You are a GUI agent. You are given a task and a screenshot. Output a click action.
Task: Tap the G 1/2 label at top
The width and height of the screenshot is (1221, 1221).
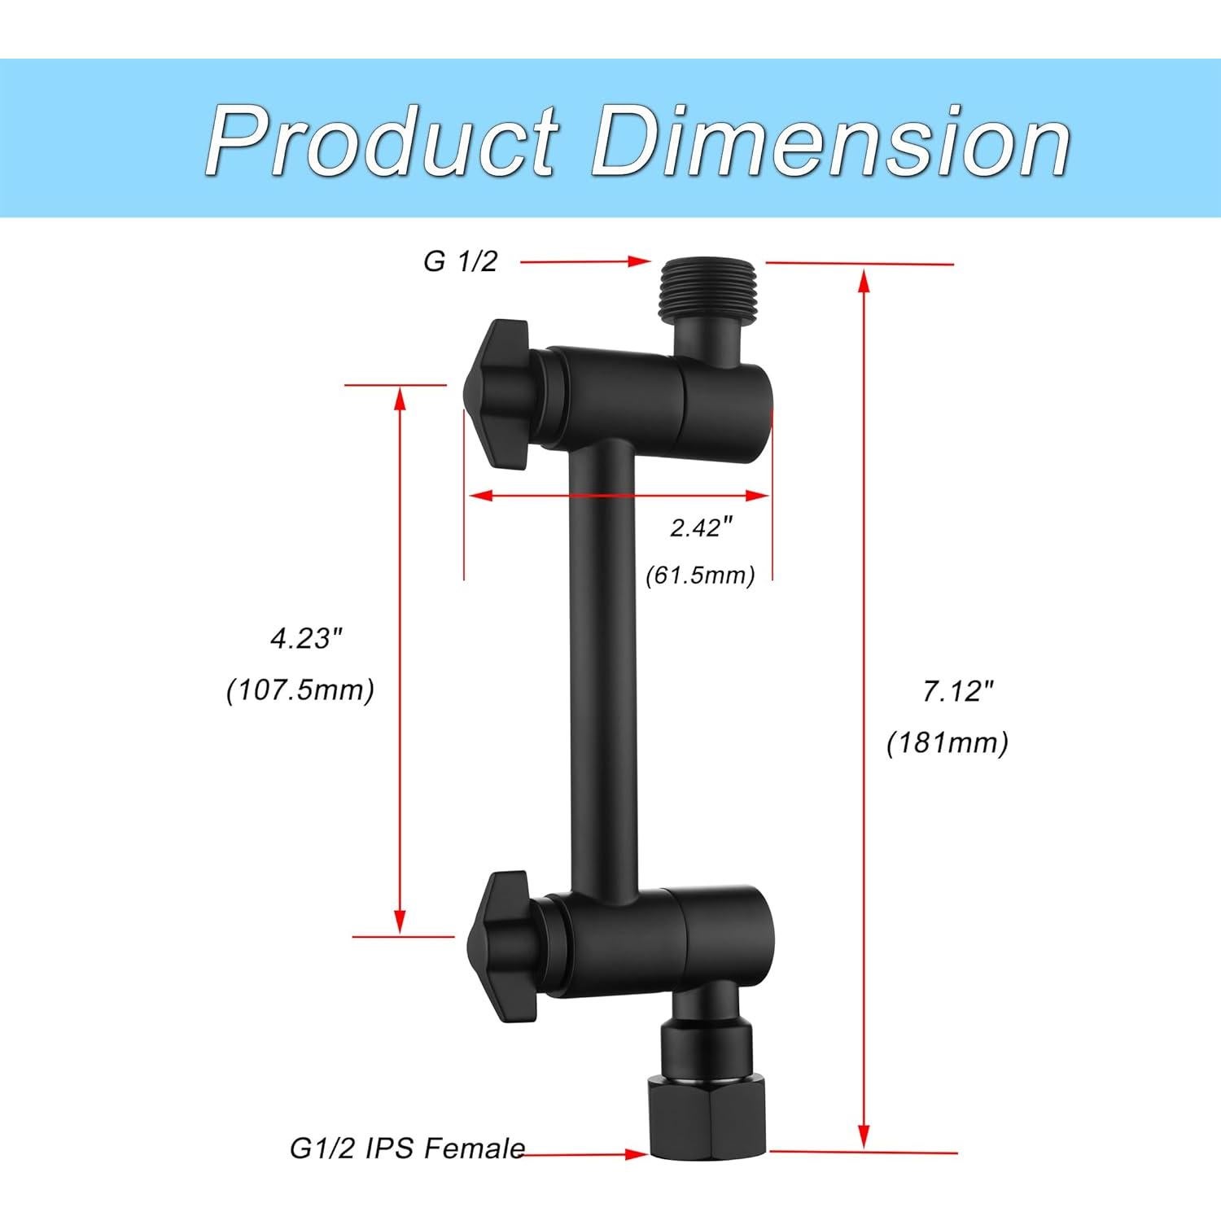[460, 261]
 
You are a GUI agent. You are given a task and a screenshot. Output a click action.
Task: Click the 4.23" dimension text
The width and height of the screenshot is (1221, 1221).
[303, 639]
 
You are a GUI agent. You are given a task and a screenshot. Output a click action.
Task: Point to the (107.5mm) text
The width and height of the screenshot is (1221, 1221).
[300, 690]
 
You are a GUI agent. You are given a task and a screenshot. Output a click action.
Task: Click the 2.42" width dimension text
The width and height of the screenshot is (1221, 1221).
[696, 528]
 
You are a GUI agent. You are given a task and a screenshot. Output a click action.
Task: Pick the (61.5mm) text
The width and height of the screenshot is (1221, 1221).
[700, 575]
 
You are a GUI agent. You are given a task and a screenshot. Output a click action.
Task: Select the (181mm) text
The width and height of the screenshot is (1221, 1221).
[947, 742]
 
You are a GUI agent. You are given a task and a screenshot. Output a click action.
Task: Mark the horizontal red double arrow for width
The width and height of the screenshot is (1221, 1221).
[617, 494]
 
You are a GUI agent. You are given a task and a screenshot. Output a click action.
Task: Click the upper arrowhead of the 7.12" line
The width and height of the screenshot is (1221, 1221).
[864, 281]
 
